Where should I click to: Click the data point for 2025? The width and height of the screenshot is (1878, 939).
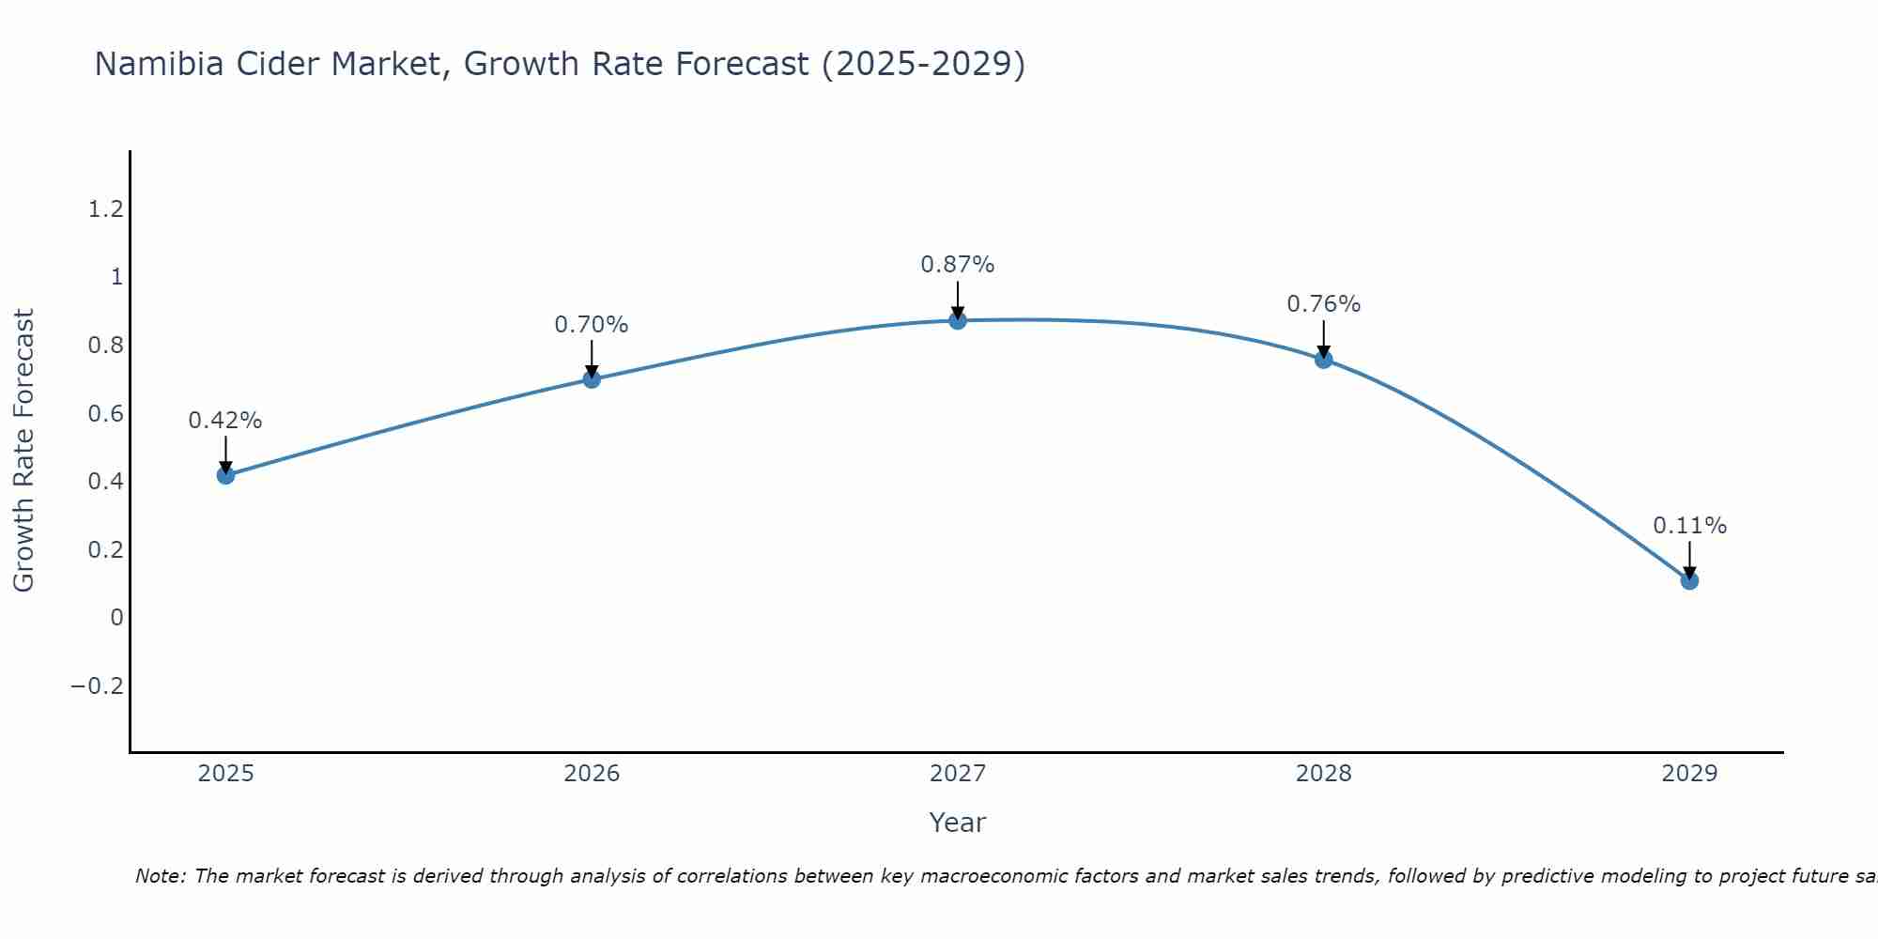225,475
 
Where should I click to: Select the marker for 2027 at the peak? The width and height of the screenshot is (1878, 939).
958,320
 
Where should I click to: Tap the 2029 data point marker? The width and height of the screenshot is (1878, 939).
1689,580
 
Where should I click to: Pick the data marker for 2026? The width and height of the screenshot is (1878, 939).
592,379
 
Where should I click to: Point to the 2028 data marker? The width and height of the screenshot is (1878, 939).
1324,359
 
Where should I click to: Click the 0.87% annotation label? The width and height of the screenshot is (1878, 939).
957,265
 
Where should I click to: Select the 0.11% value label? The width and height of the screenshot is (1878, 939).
1689,526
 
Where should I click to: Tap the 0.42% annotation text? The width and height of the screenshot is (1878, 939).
225,421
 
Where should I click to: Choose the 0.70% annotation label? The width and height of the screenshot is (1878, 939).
591,325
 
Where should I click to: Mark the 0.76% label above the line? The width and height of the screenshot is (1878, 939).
1323,304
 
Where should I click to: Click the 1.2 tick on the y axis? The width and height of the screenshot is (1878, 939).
105,208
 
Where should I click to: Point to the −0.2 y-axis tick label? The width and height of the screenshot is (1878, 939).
97,686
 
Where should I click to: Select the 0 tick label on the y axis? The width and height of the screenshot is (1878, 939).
116,618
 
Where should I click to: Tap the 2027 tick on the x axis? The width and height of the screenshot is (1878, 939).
958,774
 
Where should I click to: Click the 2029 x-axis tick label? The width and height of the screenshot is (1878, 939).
1689,774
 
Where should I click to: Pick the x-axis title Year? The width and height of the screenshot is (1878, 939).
957,824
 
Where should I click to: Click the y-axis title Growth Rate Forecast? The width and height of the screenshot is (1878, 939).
23,451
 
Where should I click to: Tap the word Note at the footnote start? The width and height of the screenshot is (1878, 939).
161,876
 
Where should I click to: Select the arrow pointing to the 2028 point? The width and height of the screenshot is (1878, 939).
1324,338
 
